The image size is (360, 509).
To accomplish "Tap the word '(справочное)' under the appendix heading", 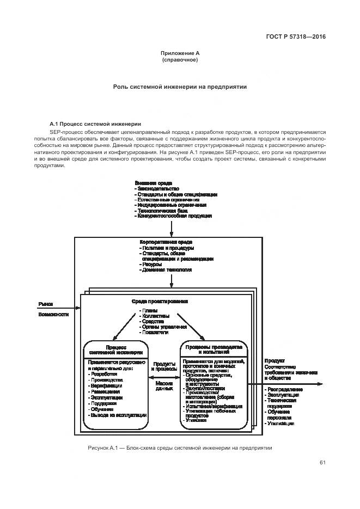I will coord(180,60).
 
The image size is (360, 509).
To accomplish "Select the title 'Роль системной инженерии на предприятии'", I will coord(180,87).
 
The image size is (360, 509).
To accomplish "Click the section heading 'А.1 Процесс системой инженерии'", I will coord(95,124).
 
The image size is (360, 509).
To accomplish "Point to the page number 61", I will coord(322,463).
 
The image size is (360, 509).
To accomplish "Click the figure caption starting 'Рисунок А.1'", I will coord(180,447).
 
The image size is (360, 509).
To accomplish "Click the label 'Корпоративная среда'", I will coord(166,242).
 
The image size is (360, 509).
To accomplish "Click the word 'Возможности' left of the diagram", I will coord(53,315).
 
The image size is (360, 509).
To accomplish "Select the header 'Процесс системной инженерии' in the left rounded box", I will coord(116,349).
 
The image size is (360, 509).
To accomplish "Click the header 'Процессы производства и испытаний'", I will coord(213,349).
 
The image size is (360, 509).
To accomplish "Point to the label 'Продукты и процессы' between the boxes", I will coord(164,366).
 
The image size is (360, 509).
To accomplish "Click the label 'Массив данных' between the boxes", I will coord(164,386).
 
